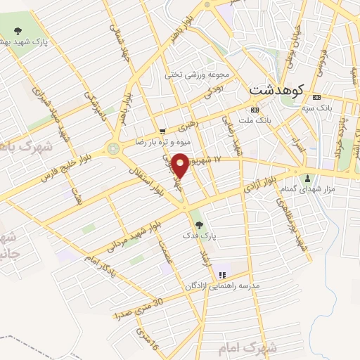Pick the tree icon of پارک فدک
[200, 225]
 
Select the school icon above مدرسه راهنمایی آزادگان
[223, 275]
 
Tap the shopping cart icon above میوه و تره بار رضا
[163, 131]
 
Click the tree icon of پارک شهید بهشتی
[18, 30]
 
